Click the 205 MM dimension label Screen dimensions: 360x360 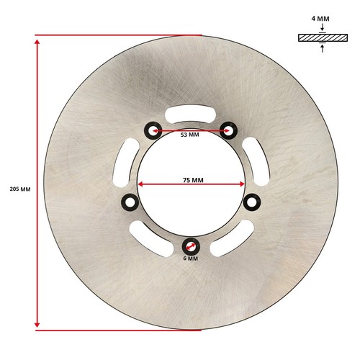tap(20, 189)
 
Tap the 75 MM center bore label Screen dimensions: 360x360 tap(193, 180)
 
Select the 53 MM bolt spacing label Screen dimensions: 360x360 tap(190, 135)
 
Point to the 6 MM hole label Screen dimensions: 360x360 tap(191, 258)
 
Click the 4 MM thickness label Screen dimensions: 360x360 tap(320, 19)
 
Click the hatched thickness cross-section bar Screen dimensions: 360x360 tap(323, 37)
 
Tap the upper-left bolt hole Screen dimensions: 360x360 tap(153, 130)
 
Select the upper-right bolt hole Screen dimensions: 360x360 tap(228, 130)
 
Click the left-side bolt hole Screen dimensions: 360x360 tap(130, 202)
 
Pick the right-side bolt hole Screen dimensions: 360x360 tap(252, 202)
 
